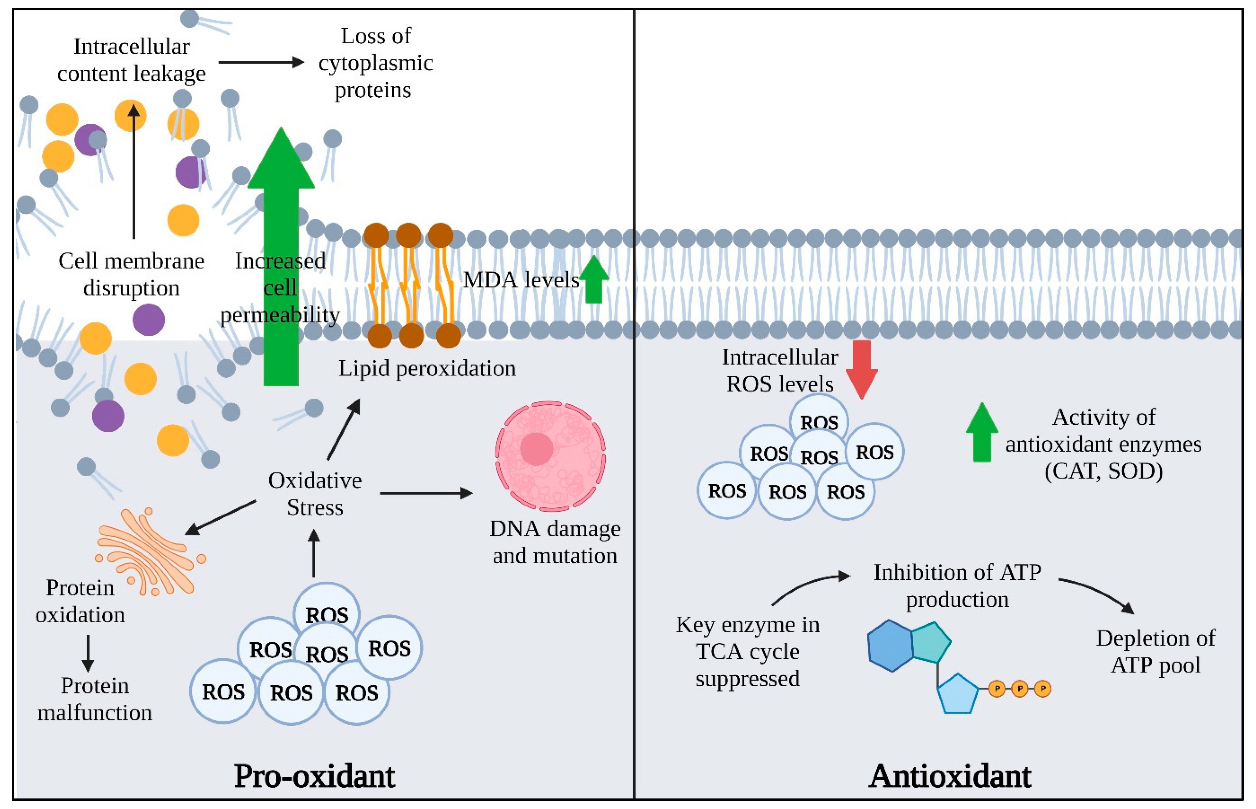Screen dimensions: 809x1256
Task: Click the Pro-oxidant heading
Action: pos(314,776)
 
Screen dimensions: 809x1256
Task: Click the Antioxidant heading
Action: pos(950,776)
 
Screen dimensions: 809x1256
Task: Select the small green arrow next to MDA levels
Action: pos(594,280)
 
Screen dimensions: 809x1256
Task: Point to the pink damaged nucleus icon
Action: pos(550,456)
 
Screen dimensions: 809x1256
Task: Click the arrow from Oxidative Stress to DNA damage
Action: pos(425,493)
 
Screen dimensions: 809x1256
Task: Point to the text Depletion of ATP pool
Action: pos(1155,651)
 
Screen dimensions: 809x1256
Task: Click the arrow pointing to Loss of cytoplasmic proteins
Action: pos(261,63)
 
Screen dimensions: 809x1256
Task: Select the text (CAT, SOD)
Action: pos(1103,471)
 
